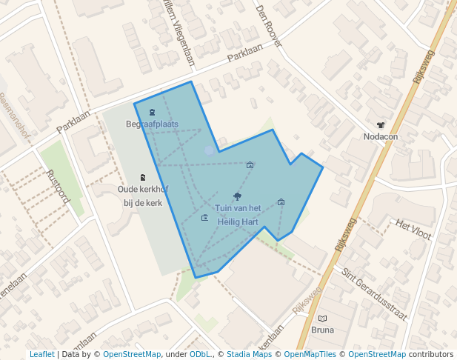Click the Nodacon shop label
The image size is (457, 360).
(x=381, y=136)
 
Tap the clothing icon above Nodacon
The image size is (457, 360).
(x=381, y=125)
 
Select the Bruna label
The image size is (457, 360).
(x=322, y=330)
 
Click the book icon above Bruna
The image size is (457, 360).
(x=322, y=319)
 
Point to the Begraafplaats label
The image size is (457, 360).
(x=152, y=124)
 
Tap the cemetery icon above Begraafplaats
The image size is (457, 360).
(x=152, y=113)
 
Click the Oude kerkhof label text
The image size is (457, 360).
(x=143, y=190)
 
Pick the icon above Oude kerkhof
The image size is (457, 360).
(x=143, y=178)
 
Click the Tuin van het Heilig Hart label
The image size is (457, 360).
(x=238, y=215)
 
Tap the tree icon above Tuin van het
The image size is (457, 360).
(x=237, y=196)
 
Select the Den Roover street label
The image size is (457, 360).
(x=269, y=27)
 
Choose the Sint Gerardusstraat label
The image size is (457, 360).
(x=375, y=293)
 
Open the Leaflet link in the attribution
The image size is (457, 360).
(x=41, y=354)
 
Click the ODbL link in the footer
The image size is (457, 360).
(x=199, y=354)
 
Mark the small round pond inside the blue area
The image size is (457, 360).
(x=210, y=150)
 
